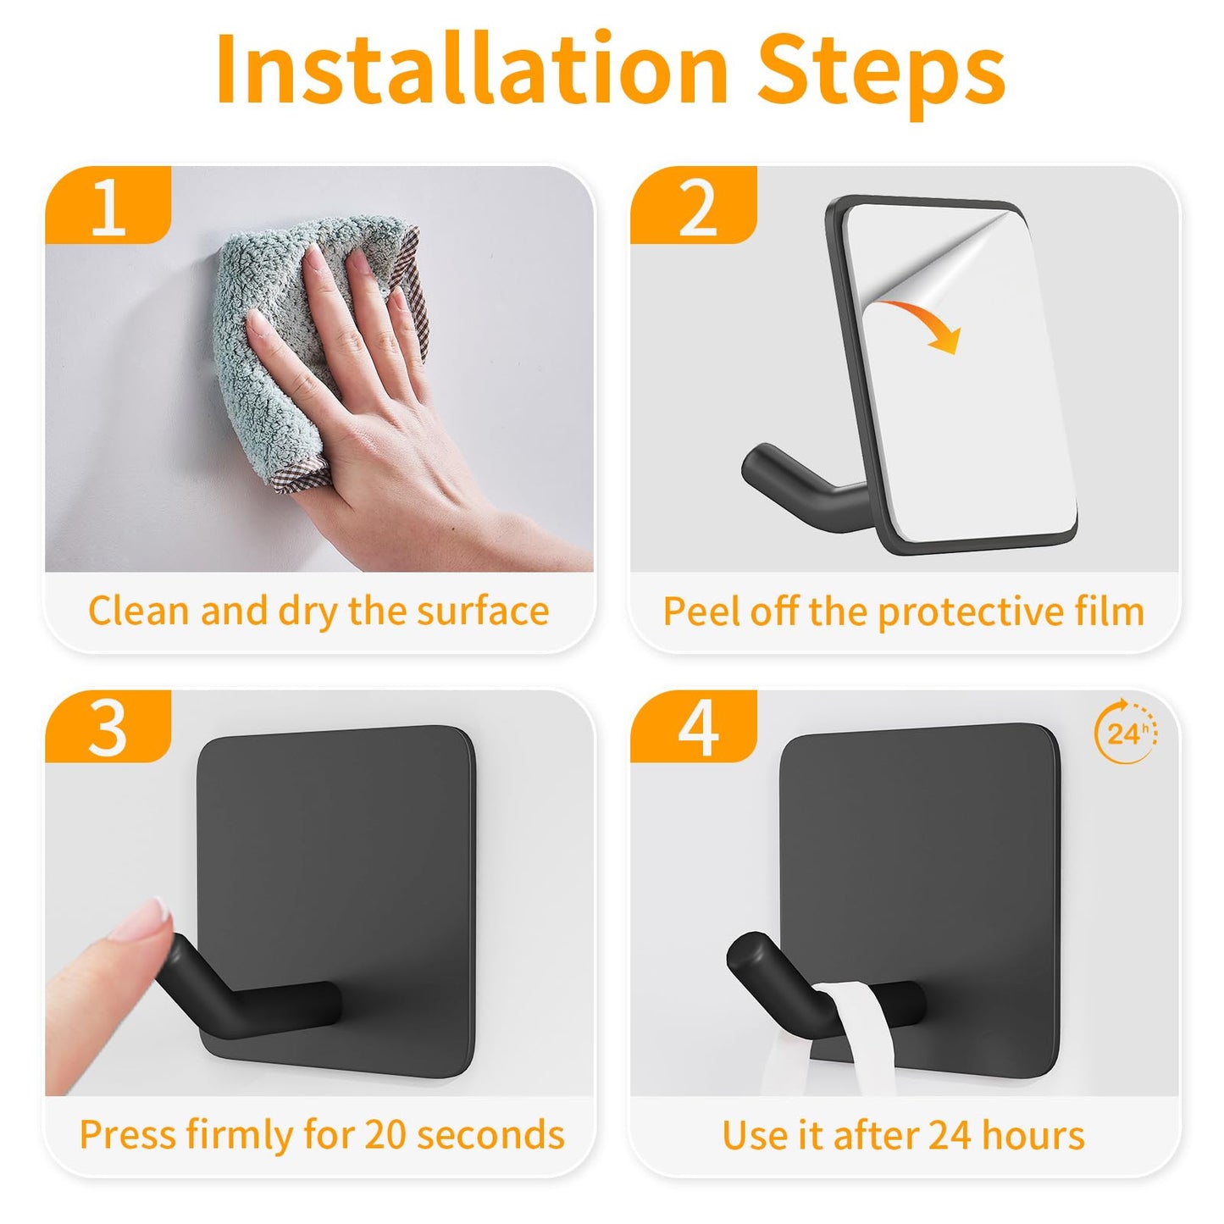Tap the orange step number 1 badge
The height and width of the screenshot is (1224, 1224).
point(108,206)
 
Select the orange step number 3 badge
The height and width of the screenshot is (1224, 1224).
point(108,727)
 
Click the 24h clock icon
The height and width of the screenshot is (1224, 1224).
point(1127,733)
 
